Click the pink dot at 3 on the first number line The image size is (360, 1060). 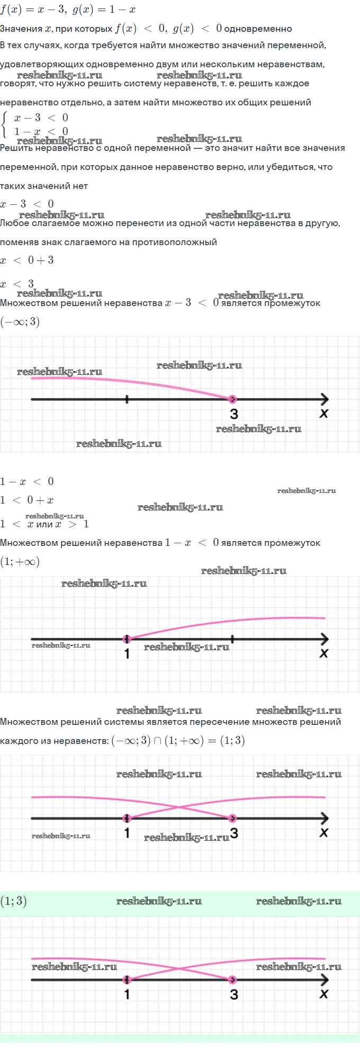coord(232,399)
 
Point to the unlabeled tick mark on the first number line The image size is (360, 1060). coord(127,399)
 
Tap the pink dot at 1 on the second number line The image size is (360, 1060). coord(127,639)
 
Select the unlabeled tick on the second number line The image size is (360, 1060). coord(232,639)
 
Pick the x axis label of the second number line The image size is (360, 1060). coord(324,653)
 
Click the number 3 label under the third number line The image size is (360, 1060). coord(234,833)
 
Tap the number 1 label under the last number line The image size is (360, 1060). coord(127,994)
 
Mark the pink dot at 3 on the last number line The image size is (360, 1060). coord(232,980)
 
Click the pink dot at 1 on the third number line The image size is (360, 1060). coord(127,818)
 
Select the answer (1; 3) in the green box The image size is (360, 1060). coord(13,901)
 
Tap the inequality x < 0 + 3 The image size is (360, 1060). coord(27,260)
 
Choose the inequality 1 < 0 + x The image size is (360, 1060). coord(27,500)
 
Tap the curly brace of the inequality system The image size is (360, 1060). coord(5,124)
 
